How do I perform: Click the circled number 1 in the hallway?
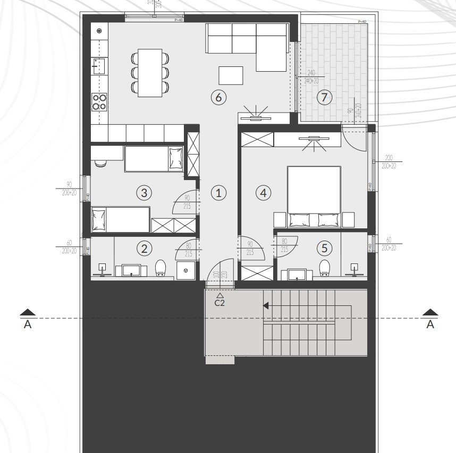pos(218,193)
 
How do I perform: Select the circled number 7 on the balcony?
pos(324,97)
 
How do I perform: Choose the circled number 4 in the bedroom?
pos(263,193)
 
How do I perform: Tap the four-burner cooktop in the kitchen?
pos(99,101)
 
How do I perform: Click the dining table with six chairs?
pos(149,73)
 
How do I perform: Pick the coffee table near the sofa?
pos(231,75)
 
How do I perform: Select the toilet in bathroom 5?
pos(324,269)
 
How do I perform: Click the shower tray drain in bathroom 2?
pos(185,270)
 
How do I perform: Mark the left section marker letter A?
pos(28,324)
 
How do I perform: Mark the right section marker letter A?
pos(430,324)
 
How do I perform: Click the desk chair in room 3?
pos(100,163)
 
